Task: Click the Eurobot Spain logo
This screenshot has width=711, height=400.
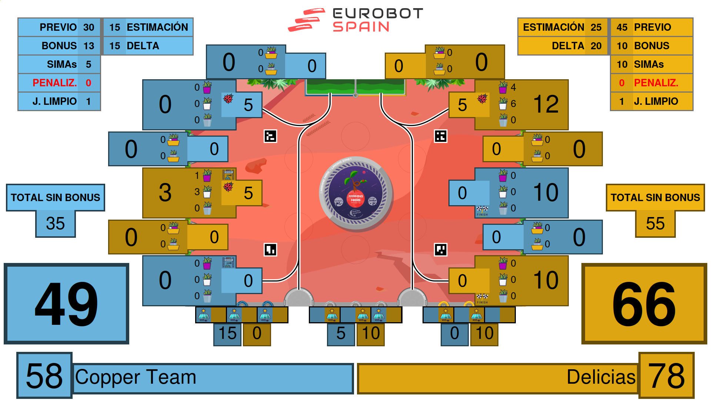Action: pos(355,20)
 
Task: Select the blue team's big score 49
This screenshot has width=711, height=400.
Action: pos(66,304)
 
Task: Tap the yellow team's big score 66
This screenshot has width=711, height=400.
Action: pos(644,304)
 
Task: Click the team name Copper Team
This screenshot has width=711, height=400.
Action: pos(136,377)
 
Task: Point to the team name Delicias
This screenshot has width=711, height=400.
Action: pos(601,377)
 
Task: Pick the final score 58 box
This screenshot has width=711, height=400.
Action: pos(44,376)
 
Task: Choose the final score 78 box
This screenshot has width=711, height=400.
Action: pos(666,376)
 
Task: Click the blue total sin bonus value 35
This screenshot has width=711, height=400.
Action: pos(56,223)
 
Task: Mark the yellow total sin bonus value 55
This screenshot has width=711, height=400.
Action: pos(655,223)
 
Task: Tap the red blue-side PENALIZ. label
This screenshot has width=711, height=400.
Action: pos(54,83)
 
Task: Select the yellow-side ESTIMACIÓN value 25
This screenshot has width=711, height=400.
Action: pos(596,27)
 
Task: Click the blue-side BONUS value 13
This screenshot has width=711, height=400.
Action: pos(89,46)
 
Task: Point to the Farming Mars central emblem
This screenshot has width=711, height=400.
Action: pos(355,193)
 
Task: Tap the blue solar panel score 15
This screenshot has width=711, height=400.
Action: pos(227,333)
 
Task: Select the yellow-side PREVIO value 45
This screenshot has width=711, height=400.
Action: pos(622,27)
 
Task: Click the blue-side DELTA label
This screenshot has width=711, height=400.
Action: pos(143,46)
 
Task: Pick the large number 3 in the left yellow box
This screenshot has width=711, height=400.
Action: pos(165,193)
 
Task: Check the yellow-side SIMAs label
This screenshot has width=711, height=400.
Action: pos(649,64)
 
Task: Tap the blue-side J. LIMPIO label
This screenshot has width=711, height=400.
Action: pos(54,101)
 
